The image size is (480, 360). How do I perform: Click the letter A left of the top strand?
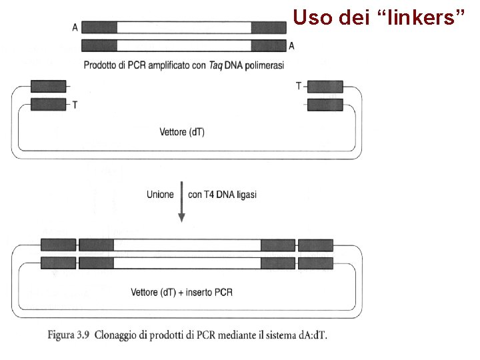pos(75,27)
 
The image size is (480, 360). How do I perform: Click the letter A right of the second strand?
pos(292,45)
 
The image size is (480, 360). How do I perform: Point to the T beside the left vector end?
pos(74,105)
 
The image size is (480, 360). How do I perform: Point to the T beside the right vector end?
pos(298,86)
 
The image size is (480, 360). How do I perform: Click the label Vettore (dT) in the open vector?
pos(182,132)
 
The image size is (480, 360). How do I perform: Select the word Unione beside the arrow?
pos(160,195)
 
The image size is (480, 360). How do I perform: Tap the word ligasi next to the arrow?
pos(244,195)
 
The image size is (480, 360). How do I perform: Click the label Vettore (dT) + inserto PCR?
pos(182,292)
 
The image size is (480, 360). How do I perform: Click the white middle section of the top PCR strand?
pos(184,27)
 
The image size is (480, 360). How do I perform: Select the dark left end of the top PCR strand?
pos(99,27)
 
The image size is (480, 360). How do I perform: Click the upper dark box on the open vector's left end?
pos(49,86)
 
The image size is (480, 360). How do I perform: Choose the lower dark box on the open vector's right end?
pos(325,105)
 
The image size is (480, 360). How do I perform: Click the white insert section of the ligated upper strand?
pos(187,245)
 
